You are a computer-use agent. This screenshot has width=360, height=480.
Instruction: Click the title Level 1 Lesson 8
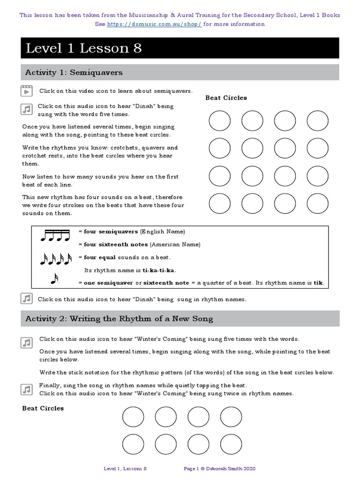click(x=83, y=48)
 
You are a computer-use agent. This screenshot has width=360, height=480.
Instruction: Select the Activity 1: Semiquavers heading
click(x=74, y=72)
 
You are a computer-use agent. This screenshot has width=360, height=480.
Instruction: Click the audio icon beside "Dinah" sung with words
click(x=26, y=109)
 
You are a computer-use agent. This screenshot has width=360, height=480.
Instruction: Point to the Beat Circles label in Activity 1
click(x=226, y=98)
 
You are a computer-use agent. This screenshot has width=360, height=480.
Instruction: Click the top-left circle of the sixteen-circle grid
click(x=219, y=121)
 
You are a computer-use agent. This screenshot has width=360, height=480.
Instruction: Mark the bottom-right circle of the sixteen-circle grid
click(x=317, y=204)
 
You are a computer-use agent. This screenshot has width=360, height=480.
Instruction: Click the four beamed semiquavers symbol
click(x=55, y=235)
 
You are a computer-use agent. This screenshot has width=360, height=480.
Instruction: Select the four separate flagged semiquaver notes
click(x=55, y=259)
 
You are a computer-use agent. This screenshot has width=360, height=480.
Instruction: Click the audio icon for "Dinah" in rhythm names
click(x=26, y=299)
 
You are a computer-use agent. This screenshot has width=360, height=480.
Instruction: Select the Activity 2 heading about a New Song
click(x=119, y=319)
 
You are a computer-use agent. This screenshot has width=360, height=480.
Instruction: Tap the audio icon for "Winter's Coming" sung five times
click(x=26, y=342)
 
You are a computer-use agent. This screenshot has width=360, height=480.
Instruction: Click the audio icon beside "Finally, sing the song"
click(x=26, y=389)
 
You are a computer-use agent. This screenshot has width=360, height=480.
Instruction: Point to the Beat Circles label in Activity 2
click(x=43, y=408)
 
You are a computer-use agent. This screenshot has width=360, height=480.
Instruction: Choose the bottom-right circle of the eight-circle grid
click(x=231, y=443)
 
